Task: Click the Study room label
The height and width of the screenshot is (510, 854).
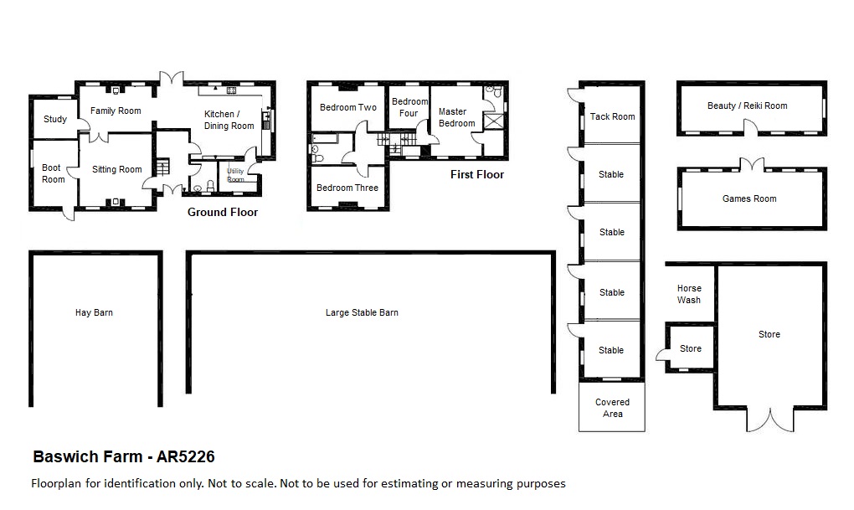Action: point(55,119)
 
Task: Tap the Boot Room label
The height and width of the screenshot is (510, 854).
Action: point(54,173)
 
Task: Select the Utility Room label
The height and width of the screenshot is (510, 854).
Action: point(235,175)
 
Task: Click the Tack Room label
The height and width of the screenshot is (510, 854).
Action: point(612,116)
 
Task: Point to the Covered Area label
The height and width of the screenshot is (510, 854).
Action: point(612,408)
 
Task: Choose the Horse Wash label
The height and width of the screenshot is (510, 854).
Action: point(689,294)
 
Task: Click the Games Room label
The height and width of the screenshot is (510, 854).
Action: point(749,198)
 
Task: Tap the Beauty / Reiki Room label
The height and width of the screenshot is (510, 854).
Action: point(747,106)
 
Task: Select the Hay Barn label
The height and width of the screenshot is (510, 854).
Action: point(95,312)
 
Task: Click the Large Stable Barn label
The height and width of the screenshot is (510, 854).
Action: point(362,312)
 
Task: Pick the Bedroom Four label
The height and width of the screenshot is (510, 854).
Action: point(409,107)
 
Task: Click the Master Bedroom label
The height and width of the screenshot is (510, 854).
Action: point(456,117)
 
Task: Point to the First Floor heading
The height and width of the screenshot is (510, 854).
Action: point(477,174)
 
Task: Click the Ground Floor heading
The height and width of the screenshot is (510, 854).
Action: point(223,212)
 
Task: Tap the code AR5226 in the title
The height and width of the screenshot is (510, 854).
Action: point(186,456)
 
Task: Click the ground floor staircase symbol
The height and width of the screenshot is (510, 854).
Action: point(162,167)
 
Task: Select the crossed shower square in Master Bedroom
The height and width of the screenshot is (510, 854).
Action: point(494,121)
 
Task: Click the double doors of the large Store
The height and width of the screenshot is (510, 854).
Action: point(770,420)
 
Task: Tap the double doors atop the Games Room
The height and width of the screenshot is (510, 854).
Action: point(752,164)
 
